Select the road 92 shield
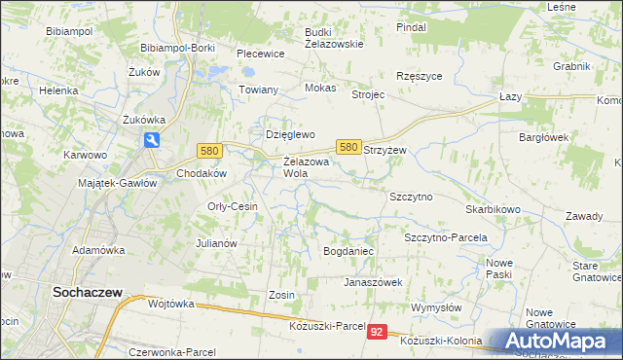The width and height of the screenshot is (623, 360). coord(378,333)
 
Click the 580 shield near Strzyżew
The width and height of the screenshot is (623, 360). coord(348,147)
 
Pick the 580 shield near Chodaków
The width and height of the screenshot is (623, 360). coord(208,151)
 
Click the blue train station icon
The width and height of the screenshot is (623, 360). coord(152,141)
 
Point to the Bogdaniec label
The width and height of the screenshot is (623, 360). coord(348,251)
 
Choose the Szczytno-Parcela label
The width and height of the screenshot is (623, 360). coord(445,237)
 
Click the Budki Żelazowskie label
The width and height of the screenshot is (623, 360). coord(333,37)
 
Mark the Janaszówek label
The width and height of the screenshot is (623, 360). coord(373,282)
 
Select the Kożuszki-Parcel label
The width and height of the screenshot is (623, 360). coord(327,325)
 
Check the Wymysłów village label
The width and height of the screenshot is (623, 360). coord(439,307)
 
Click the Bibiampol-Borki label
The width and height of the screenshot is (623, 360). coord(178,47)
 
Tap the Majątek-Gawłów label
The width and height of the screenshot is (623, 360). coord(117,183)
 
